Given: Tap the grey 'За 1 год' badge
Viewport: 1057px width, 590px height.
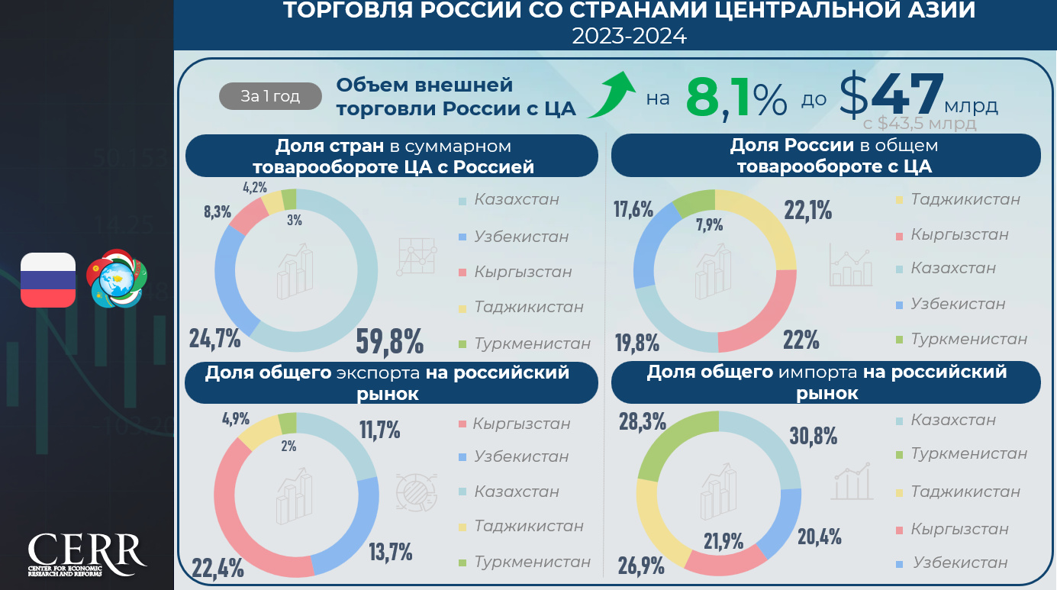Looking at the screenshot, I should pos(270,96).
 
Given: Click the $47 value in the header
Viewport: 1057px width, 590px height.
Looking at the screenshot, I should pos(891,95).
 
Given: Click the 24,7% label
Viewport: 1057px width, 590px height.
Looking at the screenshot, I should pos(215,337).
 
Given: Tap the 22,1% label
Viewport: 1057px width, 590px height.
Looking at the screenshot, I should pos(808,209).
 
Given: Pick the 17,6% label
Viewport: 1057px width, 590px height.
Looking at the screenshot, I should pos(633,208).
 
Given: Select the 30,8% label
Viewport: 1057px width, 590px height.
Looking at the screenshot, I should pos(814,436).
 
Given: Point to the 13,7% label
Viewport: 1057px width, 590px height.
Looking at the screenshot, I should pos(390,550).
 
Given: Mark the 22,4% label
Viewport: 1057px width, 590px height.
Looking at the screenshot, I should pos(218,567).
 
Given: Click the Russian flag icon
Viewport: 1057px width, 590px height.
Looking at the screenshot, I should pos(48,280).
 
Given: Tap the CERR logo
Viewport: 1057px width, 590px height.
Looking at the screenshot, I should pos(87,554).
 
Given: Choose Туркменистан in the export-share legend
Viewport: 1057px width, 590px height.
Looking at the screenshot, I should pos(532,562).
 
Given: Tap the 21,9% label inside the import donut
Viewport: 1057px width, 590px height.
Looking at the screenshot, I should pos(723,541).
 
